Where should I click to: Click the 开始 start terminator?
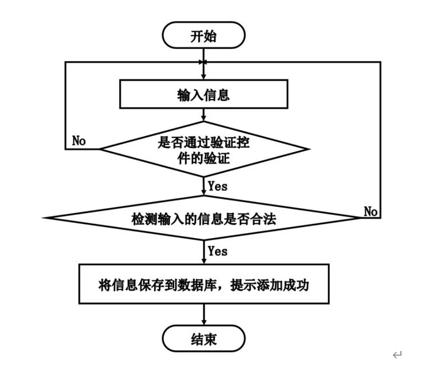[x=203, y=36]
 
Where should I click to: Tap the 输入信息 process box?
[x=203, y=95]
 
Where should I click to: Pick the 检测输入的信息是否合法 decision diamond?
[x=203, y=219]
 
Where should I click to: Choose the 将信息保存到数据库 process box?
[x=203, y=285]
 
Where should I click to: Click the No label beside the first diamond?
[x=79, y=141]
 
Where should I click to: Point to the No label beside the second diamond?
[x=371, y=211]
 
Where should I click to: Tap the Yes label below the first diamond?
[x=218, y=186]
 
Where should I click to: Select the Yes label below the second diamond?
[x=218, y=251]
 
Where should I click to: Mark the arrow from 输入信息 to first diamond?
[x=203, y=116]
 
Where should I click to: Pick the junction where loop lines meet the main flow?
[x=203, y=62]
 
